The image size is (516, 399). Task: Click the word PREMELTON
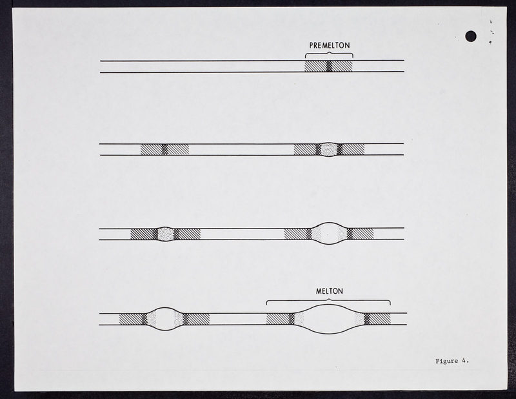point(330,45)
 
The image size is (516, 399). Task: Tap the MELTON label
point(330,291)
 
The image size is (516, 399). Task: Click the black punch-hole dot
point(471,36)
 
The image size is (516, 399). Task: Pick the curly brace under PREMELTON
point(329,55)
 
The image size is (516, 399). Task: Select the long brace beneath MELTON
point(328,302)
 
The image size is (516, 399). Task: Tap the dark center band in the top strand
point(329,66)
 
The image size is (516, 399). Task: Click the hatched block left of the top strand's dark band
point(315,66)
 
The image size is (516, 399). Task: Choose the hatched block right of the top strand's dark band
point(342,66)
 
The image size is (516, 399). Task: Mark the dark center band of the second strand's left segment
point(164,149)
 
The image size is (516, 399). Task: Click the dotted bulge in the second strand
point(329,149)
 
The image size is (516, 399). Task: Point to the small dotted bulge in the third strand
point(166,234)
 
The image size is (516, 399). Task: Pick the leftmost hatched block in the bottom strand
point(131,319)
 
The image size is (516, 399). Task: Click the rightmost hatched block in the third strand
point(363,234)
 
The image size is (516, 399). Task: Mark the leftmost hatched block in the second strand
point(152,149)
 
